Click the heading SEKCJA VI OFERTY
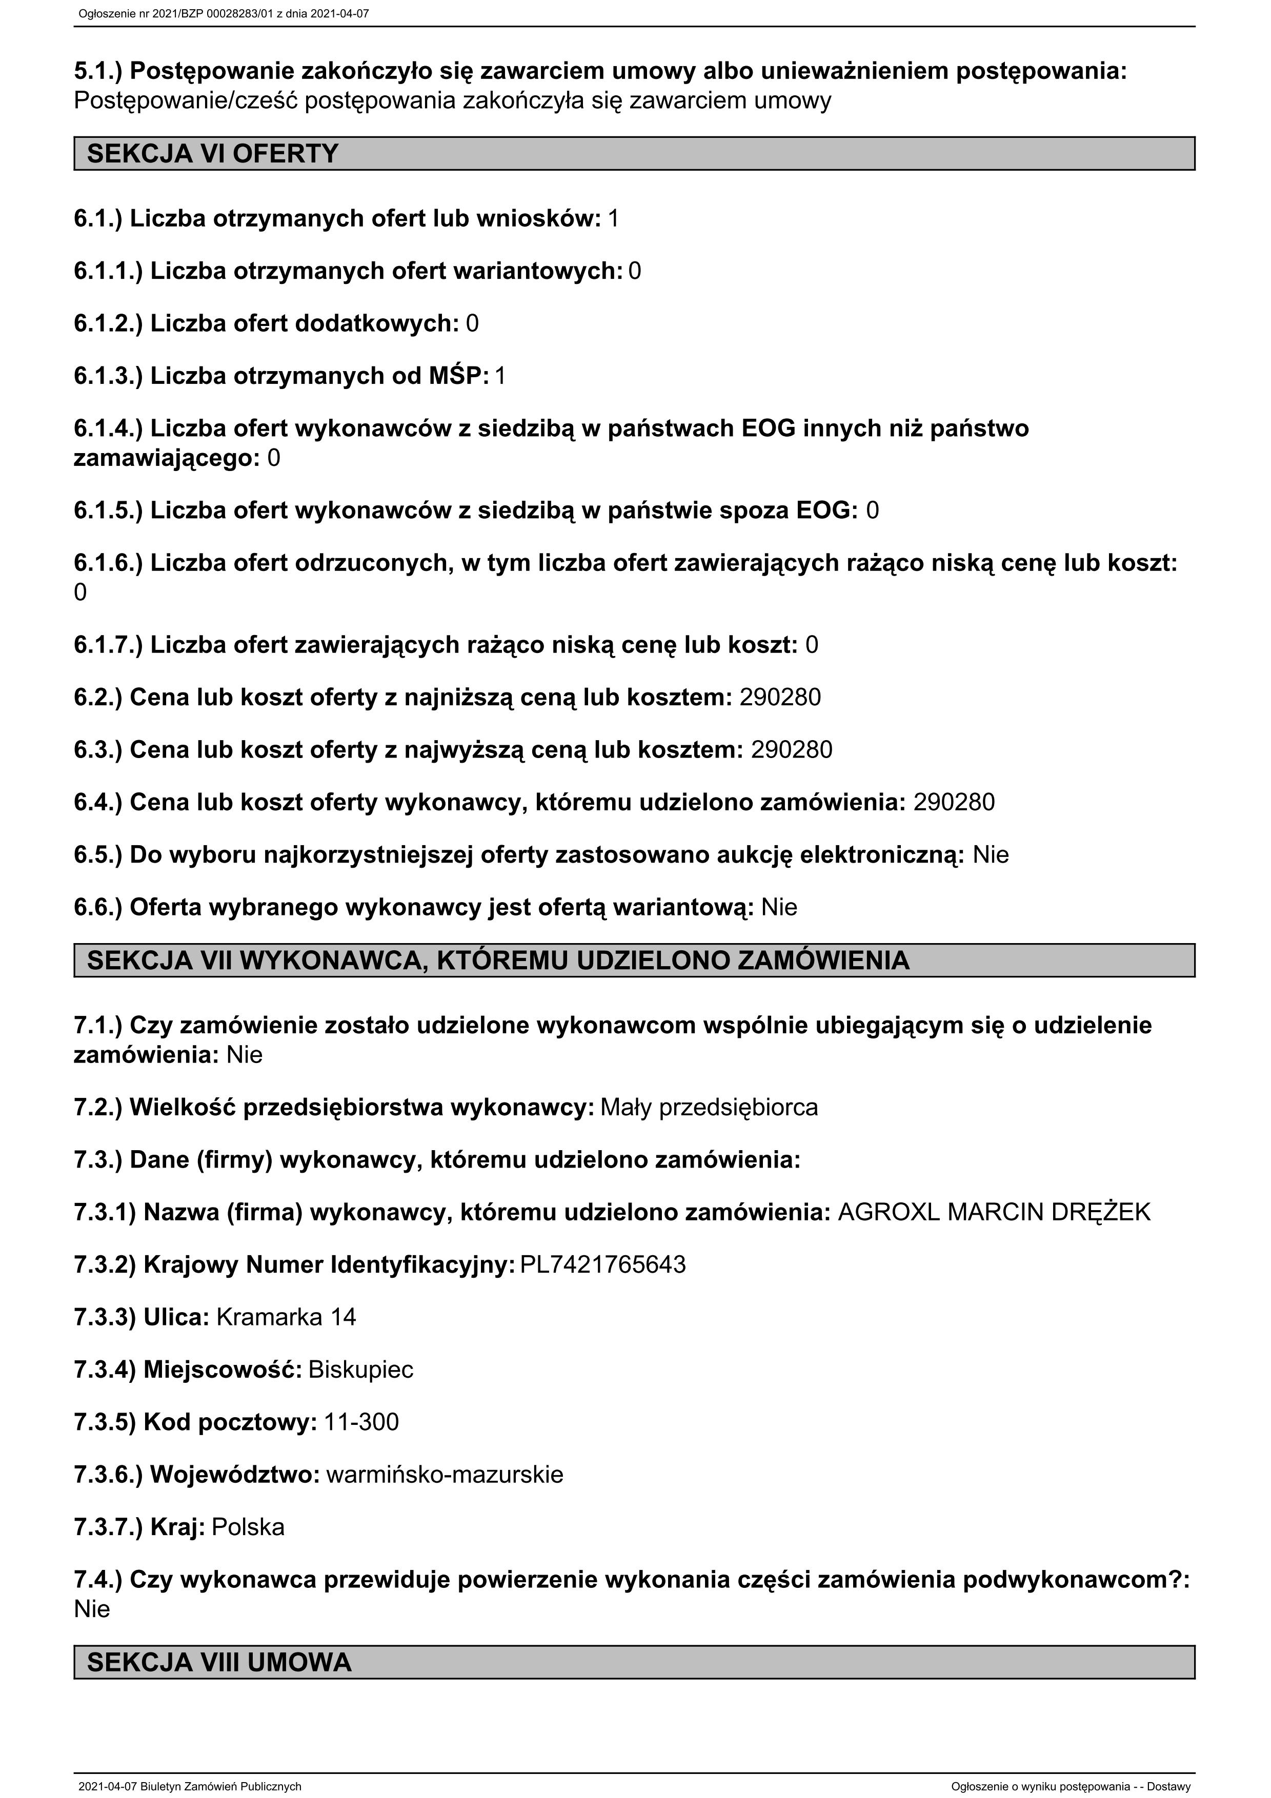[x=212, y=153]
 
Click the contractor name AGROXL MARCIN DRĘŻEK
[x=994, y=1212]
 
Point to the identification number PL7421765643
[x=602, y=1265]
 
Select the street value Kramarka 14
[x=286, y=1317]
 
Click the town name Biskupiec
[x=360, y=1370]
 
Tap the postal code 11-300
[x=361, y=1422]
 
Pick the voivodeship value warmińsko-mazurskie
[x=444, y=1475]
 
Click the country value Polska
[x=248, y=1527]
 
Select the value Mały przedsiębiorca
[x=709, y=1107]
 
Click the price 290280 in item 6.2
[x=780, y=697]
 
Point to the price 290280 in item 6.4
[x=954, y=802]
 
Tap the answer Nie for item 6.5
[x=991, y=854]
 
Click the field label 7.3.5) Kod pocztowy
[x=195, y=1422]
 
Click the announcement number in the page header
[x=223, y=13]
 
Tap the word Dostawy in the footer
[x=1168, y=1786]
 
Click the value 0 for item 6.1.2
[x=472, y=323]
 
